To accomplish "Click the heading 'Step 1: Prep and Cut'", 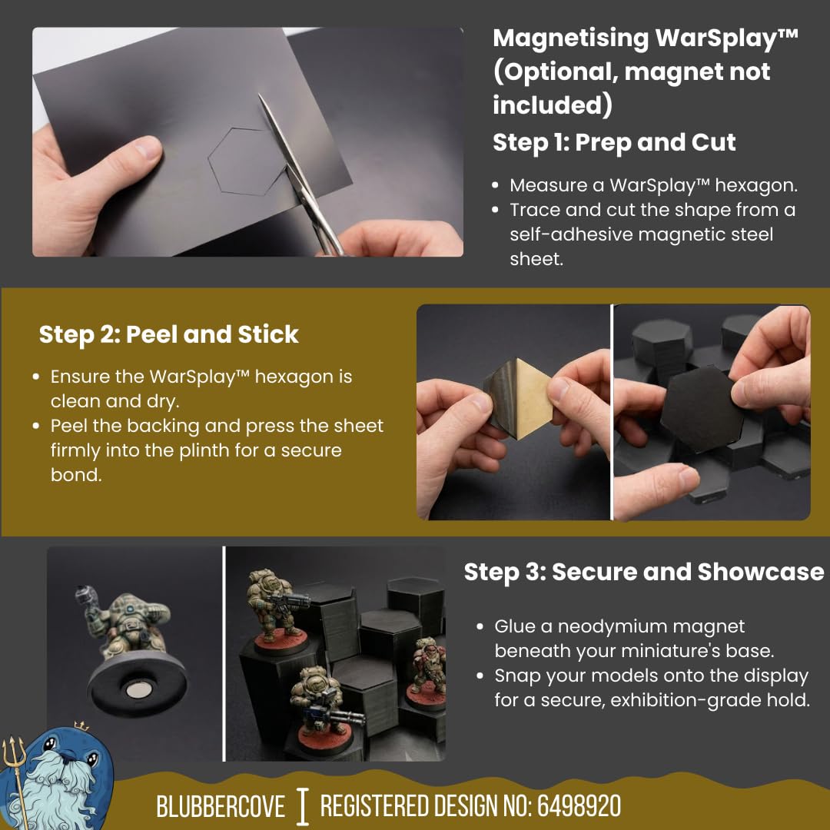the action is [614, 142].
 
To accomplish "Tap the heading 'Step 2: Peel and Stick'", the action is [169, 334].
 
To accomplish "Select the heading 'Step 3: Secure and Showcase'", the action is [644, 572].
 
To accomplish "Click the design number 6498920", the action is [579, 806].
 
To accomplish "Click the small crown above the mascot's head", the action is [81, 725].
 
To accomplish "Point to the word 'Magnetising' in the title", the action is [570, 39].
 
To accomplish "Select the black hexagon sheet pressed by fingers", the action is [702, 409].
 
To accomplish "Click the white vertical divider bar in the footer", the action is [302, 807].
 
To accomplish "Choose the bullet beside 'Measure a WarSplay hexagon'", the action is [495, 186].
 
